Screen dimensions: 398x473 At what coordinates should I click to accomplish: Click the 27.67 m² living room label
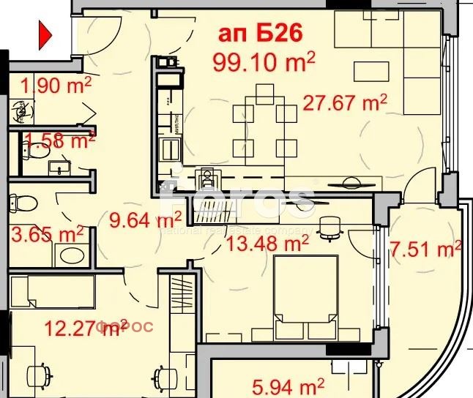345,102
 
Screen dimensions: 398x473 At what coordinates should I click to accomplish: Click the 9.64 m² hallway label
145,219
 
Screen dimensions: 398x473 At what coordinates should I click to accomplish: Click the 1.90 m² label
56,86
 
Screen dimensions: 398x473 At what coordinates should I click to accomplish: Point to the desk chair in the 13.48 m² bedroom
331,228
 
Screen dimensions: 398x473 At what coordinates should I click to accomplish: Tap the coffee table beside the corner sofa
374,72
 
